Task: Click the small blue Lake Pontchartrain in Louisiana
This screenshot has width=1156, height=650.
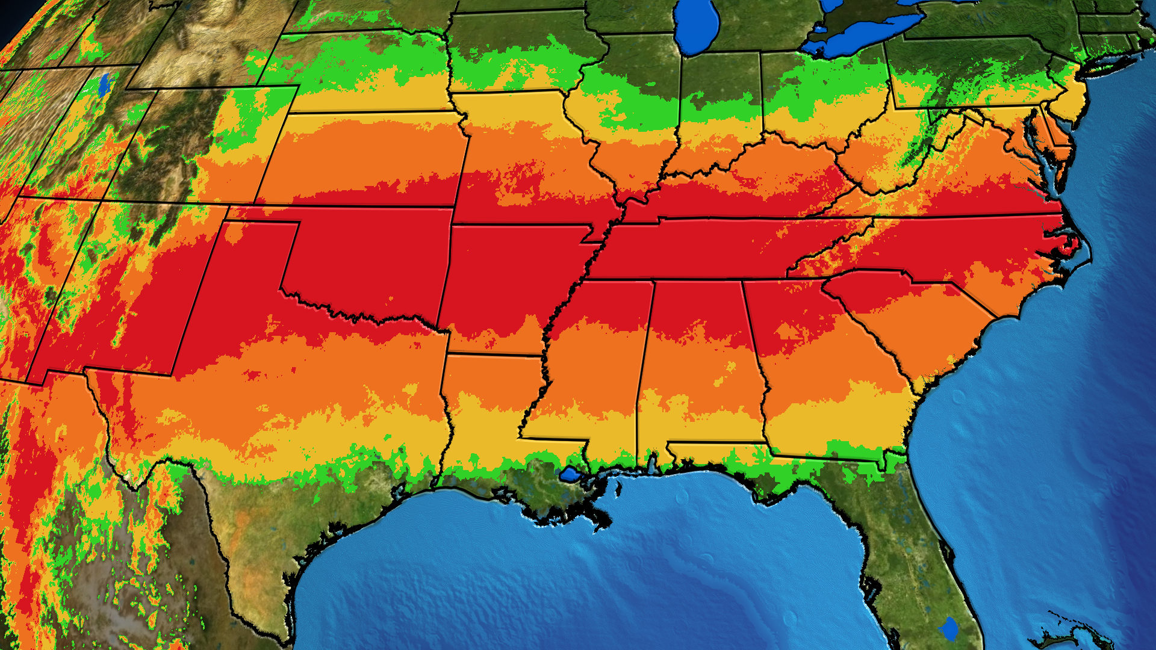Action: pos(570,475)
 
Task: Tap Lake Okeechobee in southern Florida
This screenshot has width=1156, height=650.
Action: pos(950,629)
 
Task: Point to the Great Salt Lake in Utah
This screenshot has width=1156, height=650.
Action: pos(105,85)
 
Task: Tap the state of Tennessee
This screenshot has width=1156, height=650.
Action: pos(722,247)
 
